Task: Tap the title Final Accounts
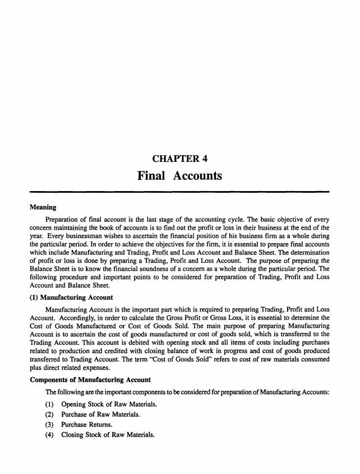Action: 179,176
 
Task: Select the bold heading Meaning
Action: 42,207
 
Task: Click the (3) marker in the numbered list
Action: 49,425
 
